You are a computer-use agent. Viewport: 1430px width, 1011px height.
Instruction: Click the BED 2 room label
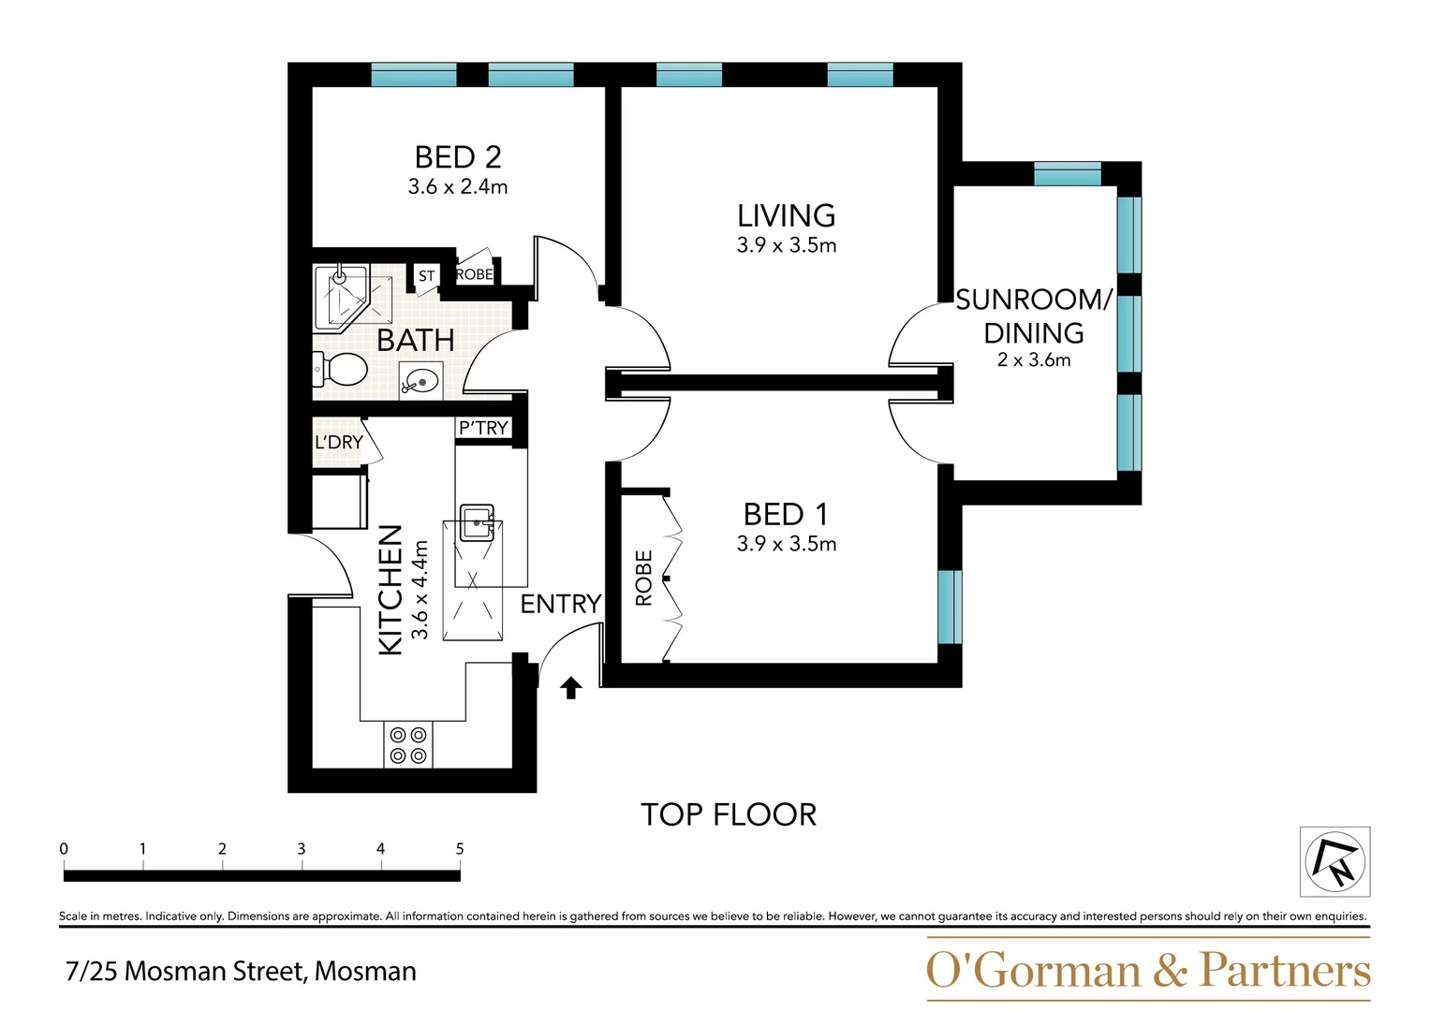(x=458, y=157)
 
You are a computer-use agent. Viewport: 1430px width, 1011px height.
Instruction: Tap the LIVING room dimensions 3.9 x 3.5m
(x=786, y=245)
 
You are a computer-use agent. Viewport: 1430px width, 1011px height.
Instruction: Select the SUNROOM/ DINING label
(x=1034, y=316)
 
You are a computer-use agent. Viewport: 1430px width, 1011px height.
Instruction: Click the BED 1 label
(x=786, y=514)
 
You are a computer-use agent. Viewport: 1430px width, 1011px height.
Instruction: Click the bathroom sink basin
(x=421, y=381)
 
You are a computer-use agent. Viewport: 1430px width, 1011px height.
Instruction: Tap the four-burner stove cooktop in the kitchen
(x=408, y=745)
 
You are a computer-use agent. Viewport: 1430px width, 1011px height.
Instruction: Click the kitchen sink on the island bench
(x=477, y=522)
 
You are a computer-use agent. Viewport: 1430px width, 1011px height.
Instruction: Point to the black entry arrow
(x=570, y=688)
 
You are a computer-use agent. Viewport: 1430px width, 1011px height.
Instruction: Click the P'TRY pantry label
(x=483, y=428)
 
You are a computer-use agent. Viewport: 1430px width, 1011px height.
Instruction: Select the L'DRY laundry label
(x=338, y=442)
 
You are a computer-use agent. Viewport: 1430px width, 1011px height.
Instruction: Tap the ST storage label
(x=426, y=275)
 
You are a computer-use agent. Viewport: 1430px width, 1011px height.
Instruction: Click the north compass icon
(x=1334, y=861)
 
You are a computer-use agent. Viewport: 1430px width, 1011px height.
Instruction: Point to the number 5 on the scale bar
(x=460, y=849)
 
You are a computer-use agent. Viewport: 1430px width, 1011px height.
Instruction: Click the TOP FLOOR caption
(x=729, y=814)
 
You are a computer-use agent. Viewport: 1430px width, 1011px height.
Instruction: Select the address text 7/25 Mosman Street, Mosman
(x=241, y=971)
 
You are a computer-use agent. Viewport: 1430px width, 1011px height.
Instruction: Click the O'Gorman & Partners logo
(x=1147, y=970)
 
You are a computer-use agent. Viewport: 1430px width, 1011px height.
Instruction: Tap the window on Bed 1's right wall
(x=950, y=607)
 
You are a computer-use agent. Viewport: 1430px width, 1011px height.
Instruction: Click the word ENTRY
(x=560, y=604)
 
